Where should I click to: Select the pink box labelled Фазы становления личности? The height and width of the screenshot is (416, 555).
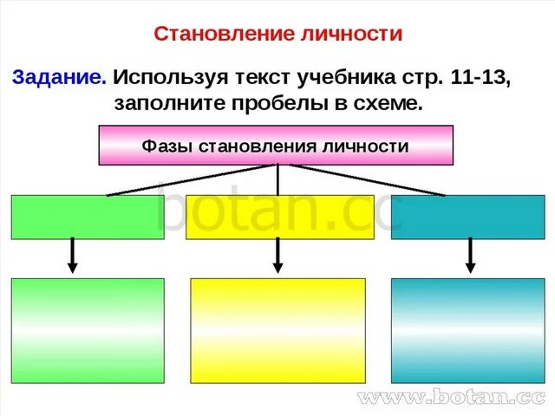pyautogui.click(x=277, y=145)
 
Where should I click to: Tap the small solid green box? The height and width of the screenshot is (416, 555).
pyautogui.click(x=87, y=217)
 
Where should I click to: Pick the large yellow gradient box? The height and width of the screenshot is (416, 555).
pyautogui.click(x=277, y=330)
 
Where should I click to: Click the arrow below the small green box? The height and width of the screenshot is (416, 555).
pyautogui.click(x=74, y=256)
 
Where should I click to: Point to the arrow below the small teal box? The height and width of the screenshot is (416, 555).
pyautogui.click(x=471, y=256)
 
